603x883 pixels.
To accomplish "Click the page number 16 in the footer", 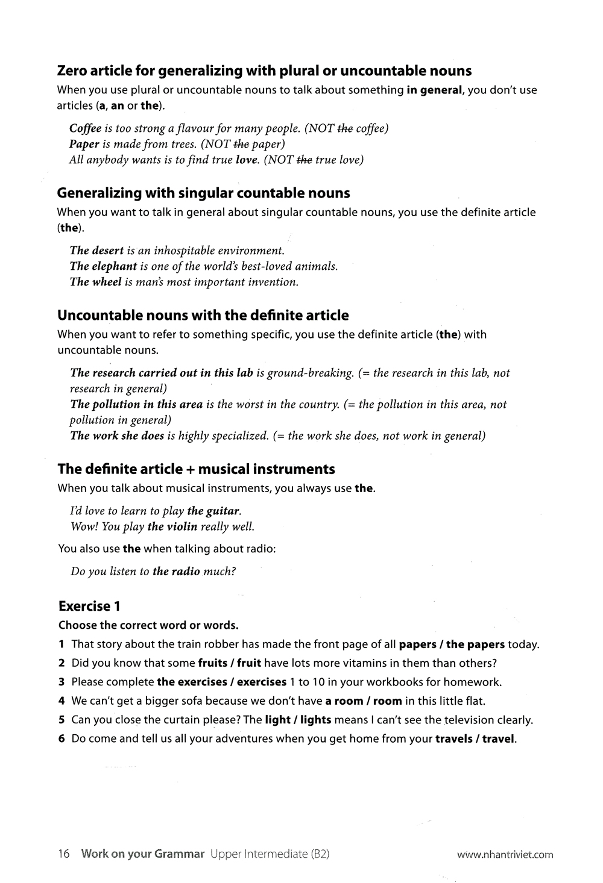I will pos(64,853).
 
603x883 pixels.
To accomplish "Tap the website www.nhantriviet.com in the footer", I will pos(505,854).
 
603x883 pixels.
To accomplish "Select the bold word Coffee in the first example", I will pos(85,128).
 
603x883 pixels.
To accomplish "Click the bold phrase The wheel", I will pos(96,282).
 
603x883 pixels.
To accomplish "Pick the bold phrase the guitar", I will pos(213,511).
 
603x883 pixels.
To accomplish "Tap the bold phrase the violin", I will pos(172,526).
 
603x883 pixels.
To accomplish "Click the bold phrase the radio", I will pos(176,571).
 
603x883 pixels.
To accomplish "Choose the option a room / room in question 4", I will pos(363,701).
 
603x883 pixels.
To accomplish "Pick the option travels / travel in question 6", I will pos(475,738).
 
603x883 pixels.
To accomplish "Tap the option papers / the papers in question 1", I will pos(452,644).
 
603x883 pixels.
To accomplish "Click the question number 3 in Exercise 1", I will pos(62,682).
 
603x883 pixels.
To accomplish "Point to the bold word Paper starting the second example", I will pos(84,144).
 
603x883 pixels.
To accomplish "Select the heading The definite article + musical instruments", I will pos(196,469).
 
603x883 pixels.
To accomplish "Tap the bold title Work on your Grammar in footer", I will pos(142,853).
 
